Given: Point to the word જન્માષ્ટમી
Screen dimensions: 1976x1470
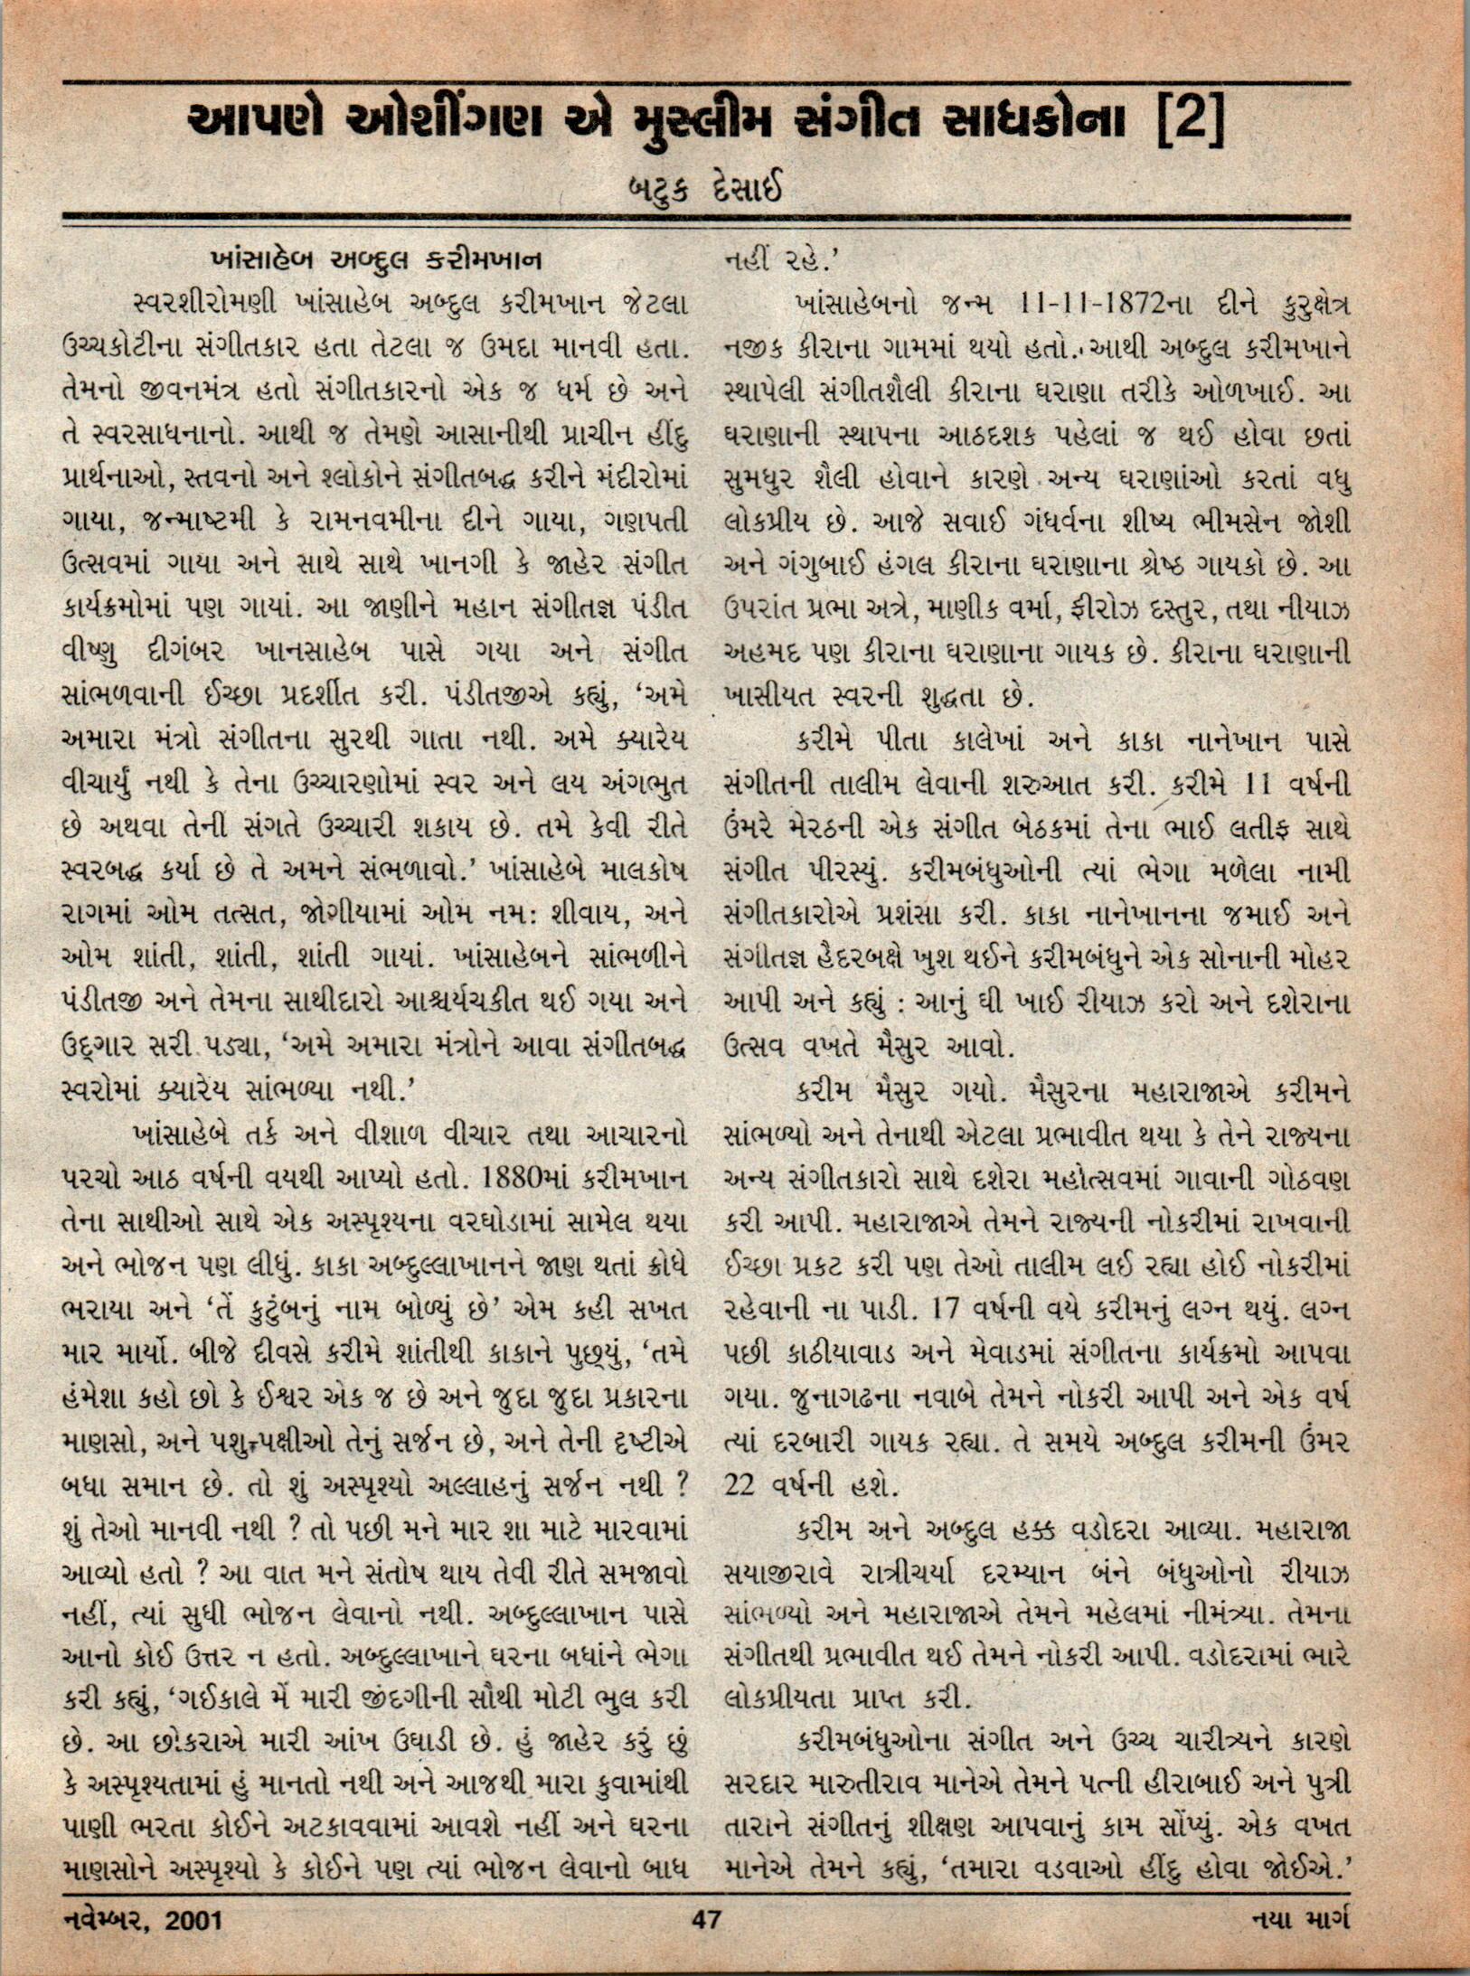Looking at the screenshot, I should point(210,522).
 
